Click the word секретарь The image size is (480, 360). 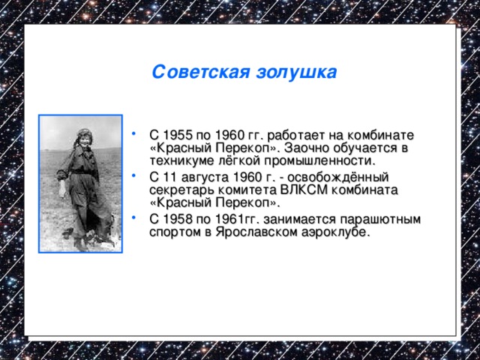tap(181, 190)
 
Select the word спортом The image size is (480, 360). tap(175, 232)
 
